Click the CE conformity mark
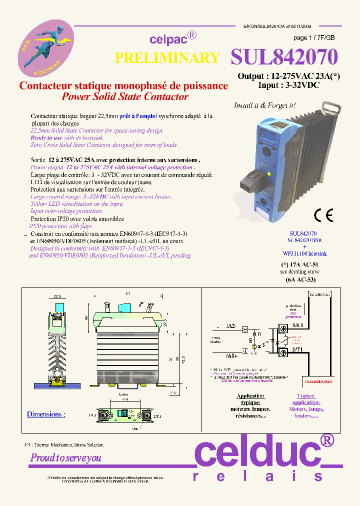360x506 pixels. (323, 215)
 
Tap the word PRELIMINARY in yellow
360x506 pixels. (167, 58)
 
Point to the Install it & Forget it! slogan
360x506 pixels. (265, 105)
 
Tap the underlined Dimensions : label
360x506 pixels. (46, 414)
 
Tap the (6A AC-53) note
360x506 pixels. (298, 280)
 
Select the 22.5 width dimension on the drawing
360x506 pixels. (57, 295)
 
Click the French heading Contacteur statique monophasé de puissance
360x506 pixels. (123, 85)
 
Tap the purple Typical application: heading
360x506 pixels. (306, 399)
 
